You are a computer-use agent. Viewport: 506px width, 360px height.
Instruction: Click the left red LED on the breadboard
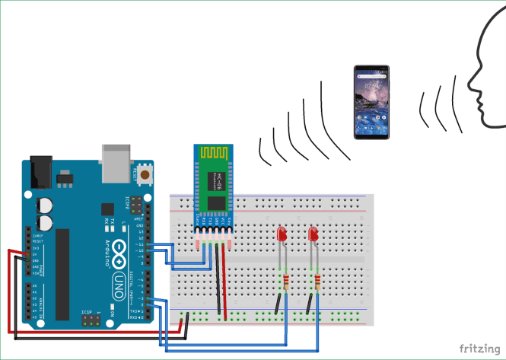pos(282,237)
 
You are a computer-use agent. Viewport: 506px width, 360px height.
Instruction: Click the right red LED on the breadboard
pos(313,237)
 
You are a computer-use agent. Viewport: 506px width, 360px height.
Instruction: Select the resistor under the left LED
pos(285,284)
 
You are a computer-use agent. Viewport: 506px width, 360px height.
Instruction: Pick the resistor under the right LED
pos(316,284)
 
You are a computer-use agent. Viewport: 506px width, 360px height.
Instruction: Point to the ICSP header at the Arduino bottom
pos(91,323)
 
